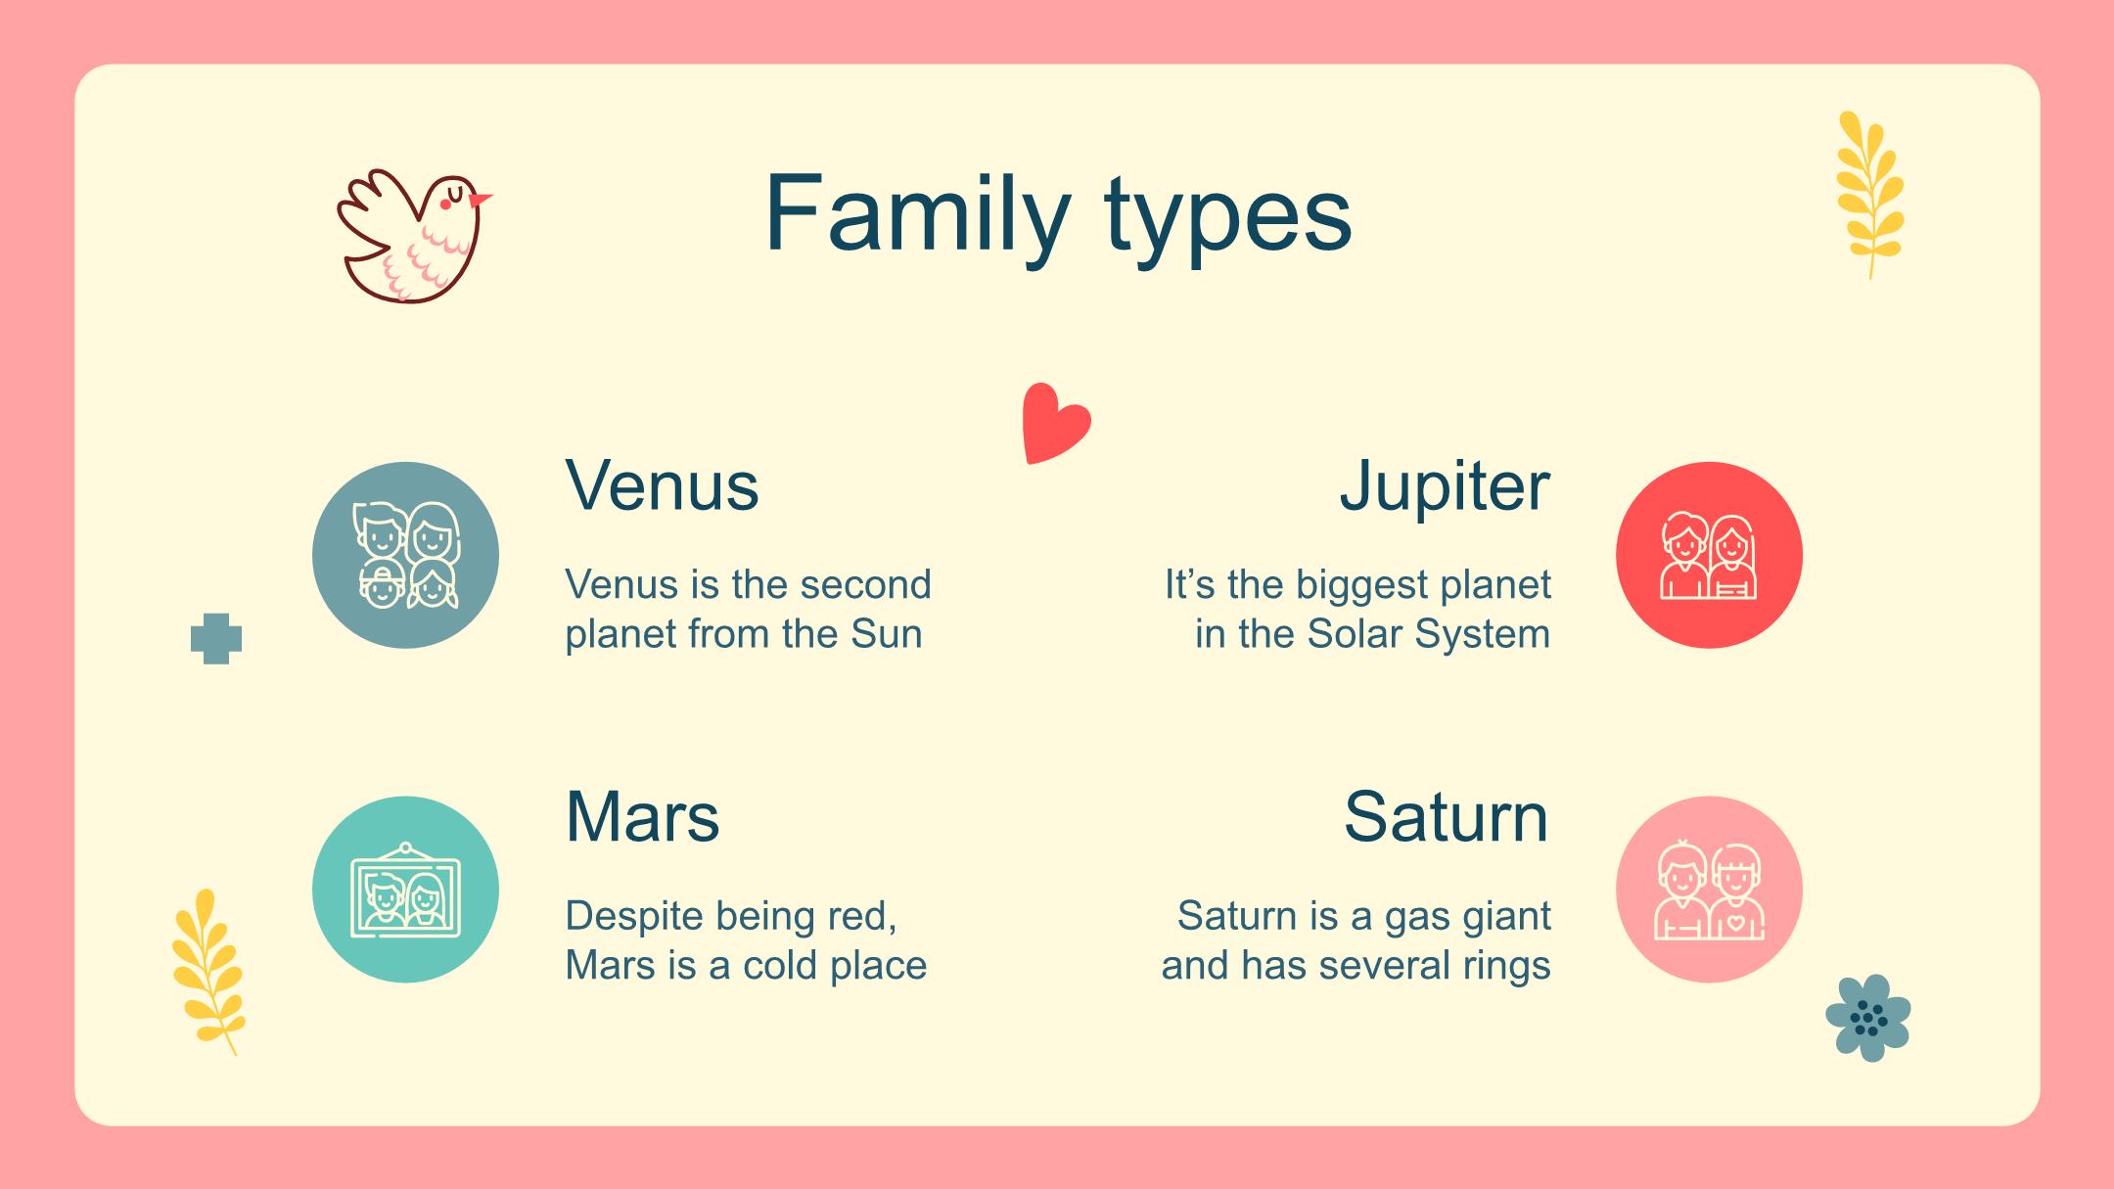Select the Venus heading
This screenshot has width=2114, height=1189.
(662, 485)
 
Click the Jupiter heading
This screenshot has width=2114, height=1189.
(1445, 487)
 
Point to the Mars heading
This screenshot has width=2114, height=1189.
(642, 817)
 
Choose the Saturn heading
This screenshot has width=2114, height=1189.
(1447, 817)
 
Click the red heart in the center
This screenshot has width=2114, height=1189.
(1055, 423)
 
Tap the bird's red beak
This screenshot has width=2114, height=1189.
(481, 200)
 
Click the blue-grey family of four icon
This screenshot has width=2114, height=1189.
(405, 555)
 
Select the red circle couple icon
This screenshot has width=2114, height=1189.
(1709, 555)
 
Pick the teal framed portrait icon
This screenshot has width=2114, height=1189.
(405, 889)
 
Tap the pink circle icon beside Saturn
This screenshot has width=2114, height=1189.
(1709, 889)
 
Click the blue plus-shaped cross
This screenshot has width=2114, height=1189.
(216, 639)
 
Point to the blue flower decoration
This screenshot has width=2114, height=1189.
(1868, 1018)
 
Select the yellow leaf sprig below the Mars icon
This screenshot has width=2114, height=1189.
(207, 972)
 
